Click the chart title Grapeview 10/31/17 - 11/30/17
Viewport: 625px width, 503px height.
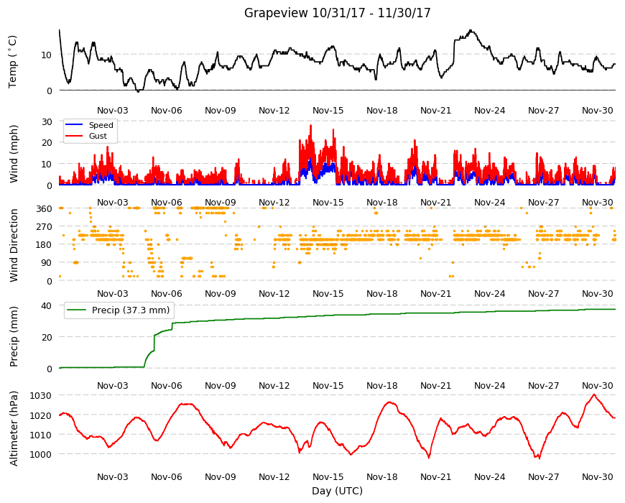coord(337,13)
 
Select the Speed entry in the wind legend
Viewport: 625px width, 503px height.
coord(101,125)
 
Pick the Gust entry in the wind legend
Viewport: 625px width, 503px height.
coord(98,136)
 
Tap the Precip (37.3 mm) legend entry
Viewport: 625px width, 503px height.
coord(130,310)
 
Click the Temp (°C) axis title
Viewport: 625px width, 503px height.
coord(13,61)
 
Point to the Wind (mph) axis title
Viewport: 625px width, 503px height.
coord(14,154)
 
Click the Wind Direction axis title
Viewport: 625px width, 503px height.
coord(14,245)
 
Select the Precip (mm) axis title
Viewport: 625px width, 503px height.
coord(14,336)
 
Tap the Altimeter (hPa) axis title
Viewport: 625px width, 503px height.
coord(14,428)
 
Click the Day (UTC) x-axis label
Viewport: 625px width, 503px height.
coord(337,491)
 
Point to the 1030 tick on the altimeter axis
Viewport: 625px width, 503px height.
coord(41,396)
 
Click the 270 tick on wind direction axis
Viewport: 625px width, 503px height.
coord(44,227)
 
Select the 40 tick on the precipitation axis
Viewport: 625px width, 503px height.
coord(46,305)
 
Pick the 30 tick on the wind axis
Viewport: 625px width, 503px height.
coord(46,122)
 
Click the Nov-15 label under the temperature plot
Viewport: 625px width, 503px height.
coord(328,111)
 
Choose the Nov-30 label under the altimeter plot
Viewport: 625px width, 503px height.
coord(598,476)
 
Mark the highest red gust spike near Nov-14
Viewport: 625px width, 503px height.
coord(311,126)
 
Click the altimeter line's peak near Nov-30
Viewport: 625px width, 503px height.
coord(594,394)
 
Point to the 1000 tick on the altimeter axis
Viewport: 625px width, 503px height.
coord(41,454)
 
